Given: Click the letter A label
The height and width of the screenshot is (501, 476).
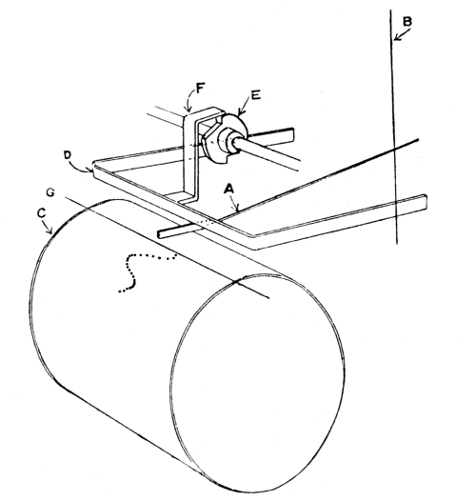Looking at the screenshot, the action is (x=229, y=190).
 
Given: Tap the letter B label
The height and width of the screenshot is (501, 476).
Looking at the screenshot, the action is (x=407, y=22).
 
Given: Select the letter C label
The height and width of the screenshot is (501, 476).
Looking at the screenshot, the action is (x=42, y=213).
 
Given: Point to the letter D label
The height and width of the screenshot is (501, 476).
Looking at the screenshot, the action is (x=68, y=155).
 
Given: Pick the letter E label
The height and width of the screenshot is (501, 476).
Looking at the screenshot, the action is (x=255, y=95).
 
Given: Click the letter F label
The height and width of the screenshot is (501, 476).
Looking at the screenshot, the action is (x=200, y=88).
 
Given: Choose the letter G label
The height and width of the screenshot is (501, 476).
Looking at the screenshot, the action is (x=50, y=192).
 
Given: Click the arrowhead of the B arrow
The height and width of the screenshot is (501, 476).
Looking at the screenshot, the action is (x=396, y=38).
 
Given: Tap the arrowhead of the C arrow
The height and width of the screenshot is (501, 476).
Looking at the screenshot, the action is (x=50, y=231).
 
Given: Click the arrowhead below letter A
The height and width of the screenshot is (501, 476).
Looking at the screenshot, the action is (x=237, y=210).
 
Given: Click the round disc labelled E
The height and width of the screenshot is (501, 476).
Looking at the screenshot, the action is (x=242, y=128).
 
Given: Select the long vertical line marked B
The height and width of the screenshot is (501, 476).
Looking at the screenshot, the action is (x=394, y=127).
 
